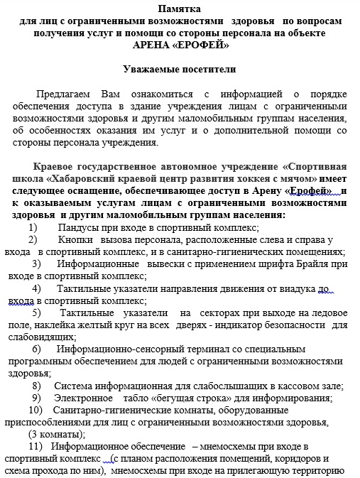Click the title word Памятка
pos(180,9)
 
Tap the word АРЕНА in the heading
pos(153,45)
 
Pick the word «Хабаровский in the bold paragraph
pos(76,179)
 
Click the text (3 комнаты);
pos(57,434)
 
